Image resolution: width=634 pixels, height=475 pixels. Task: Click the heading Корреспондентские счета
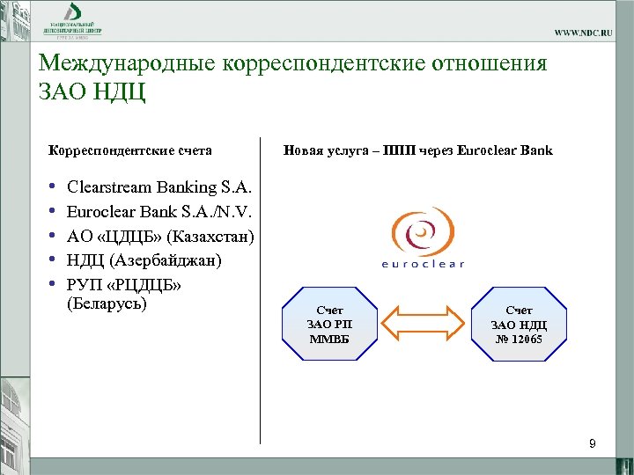click(x=129, y=150)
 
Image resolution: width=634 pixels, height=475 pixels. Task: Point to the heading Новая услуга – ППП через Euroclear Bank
click(x=417, y=150)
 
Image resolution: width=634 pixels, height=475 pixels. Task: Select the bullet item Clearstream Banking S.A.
click(x=158, y=187)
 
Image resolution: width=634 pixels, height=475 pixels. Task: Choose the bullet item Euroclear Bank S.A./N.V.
click(x=159, y=212)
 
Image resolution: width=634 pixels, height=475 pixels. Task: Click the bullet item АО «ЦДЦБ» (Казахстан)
click(x=160, y=237)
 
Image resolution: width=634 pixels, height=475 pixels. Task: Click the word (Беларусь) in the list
click(x=107, y=304)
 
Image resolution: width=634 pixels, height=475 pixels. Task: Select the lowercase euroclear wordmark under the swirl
click(x=423, y=263)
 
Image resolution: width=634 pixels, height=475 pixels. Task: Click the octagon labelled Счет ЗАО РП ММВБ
click(x=329, y=324)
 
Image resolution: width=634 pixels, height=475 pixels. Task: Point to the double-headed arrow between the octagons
click(x=424, y=323)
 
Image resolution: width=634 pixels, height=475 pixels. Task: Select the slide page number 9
click(x=593, y=444)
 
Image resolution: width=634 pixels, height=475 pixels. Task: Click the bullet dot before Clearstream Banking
click(x=52, y=187)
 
